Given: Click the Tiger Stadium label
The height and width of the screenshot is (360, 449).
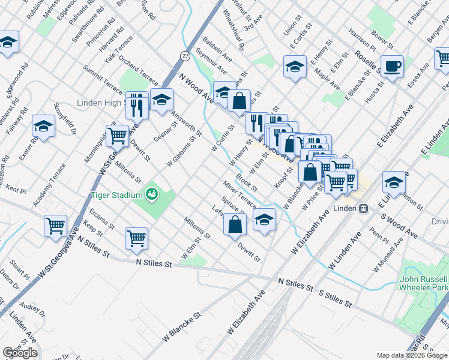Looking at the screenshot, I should click(116, 195).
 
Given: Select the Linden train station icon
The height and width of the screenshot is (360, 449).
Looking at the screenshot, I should click(363, 208).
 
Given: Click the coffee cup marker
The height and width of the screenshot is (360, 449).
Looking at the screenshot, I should click(392, 66).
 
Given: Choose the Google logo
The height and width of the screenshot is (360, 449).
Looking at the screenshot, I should click(20, 353).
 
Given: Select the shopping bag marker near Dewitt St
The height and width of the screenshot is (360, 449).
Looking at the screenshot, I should click(235, 224).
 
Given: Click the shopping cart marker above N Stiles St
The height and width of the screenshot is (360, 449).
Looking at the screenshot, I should click(136, 238).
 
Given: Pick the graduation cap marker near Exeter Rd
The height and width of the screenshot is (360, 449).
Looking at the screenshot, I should click(44, 126).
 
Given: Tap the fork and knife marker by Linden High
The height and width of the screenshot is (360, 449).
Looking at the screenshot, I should click(137, 104).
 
